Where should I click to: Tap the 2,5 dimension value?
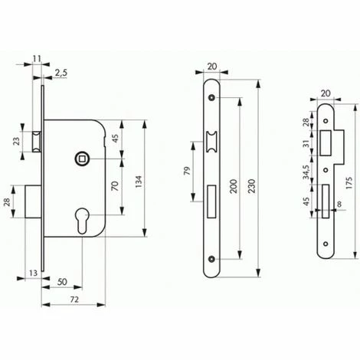(61, 73)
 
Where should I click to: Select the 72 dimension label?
(74, 299)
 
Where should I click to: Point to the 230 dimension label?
(251, 186)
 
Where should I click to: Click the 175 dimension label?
(349, 182)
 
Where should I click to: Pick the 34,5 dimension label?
(306, 172)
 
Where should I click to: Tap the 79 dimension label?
(188, 171)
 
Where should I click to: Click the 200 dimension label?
(234, 186)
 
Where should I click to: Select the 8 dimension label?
(339, 204)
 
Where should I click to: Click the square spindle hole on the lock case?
(81, 159)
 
